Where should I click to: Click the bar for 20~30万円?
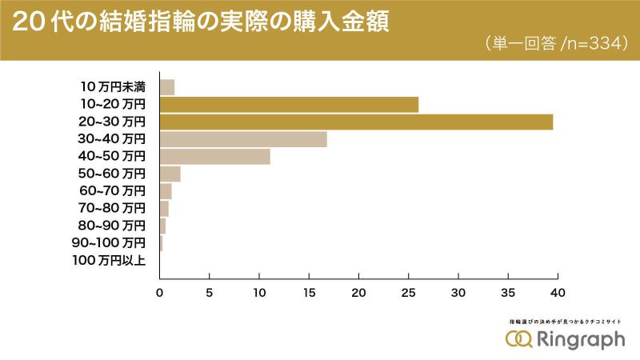pos(356,122)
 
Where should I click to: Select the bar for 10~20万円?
pos(289,104)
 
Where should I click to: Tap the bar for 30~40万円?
pos(243,139)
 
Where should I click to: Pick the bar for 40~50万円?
pos(215,156)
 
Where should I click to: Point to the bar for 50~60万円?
pos(170,174)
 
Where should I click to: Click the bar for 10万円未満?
pos(167,87)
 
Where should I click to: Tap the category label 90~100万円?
pos(109,242)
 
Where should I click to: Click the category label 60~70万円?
pos(113,190)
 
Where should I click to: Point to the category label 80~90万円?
pos(113,225)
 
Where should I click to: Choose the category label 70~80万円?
pos(113,208)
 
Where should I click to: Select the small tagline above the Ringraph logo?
pos(565,321)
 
